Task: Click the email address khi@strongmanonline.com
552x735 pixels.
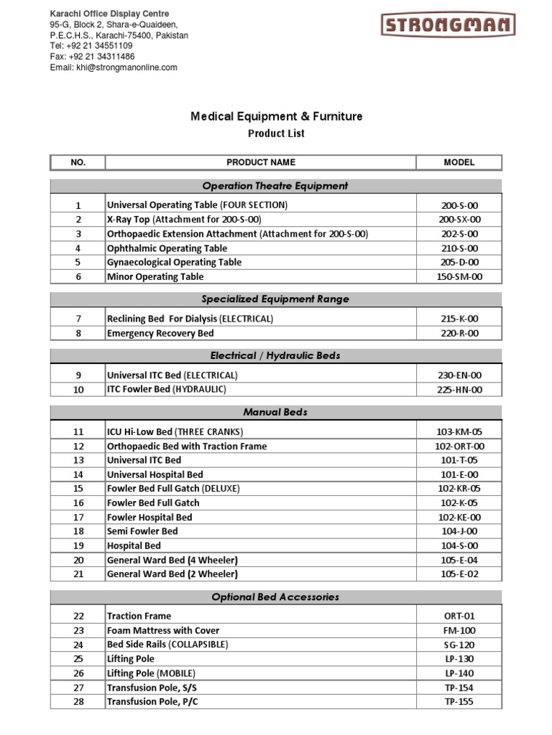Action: [x=114, y=67]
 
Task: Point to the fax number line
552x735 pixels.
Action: [x=92, y=56]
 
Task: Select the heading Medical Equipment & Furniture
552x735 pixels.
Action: [x=276, y=116]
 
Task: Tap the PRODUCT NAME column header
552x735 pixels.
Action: [x=260, y=162]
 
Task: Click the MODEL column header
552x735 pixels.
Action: [x=459, y=162]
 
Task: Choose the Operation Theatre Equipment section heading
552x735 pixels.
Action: [x=275, y=186]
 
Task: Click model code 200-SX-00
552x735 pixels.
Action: [x=459, y=220]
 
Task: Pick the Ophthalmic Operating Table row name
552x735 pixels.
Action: [x=156, y=248]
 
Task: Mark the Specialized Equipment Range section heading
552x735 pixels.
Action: [x=275, y=299]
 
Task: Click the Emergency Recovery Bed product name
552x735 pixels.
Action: [x=160, y=333]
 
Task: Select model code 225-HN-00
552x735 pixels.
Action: [x=459, y=390]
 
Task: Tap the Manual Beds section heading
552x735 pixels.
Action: [x=275, y=413]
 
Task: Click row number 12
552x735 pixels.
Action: [x=78, y=446]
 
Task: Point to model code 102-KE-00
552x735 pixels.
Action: [x=459, y=518]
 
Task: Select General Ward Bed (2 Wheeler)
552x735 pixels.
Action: [x=172, y=574]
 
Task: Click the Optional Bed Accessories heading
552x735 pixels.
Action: [x=275, y=597]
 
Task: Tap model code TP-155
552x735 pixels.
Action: [x=459, y=702]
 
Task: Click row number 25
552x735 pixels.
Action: [x=78, y=659]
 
